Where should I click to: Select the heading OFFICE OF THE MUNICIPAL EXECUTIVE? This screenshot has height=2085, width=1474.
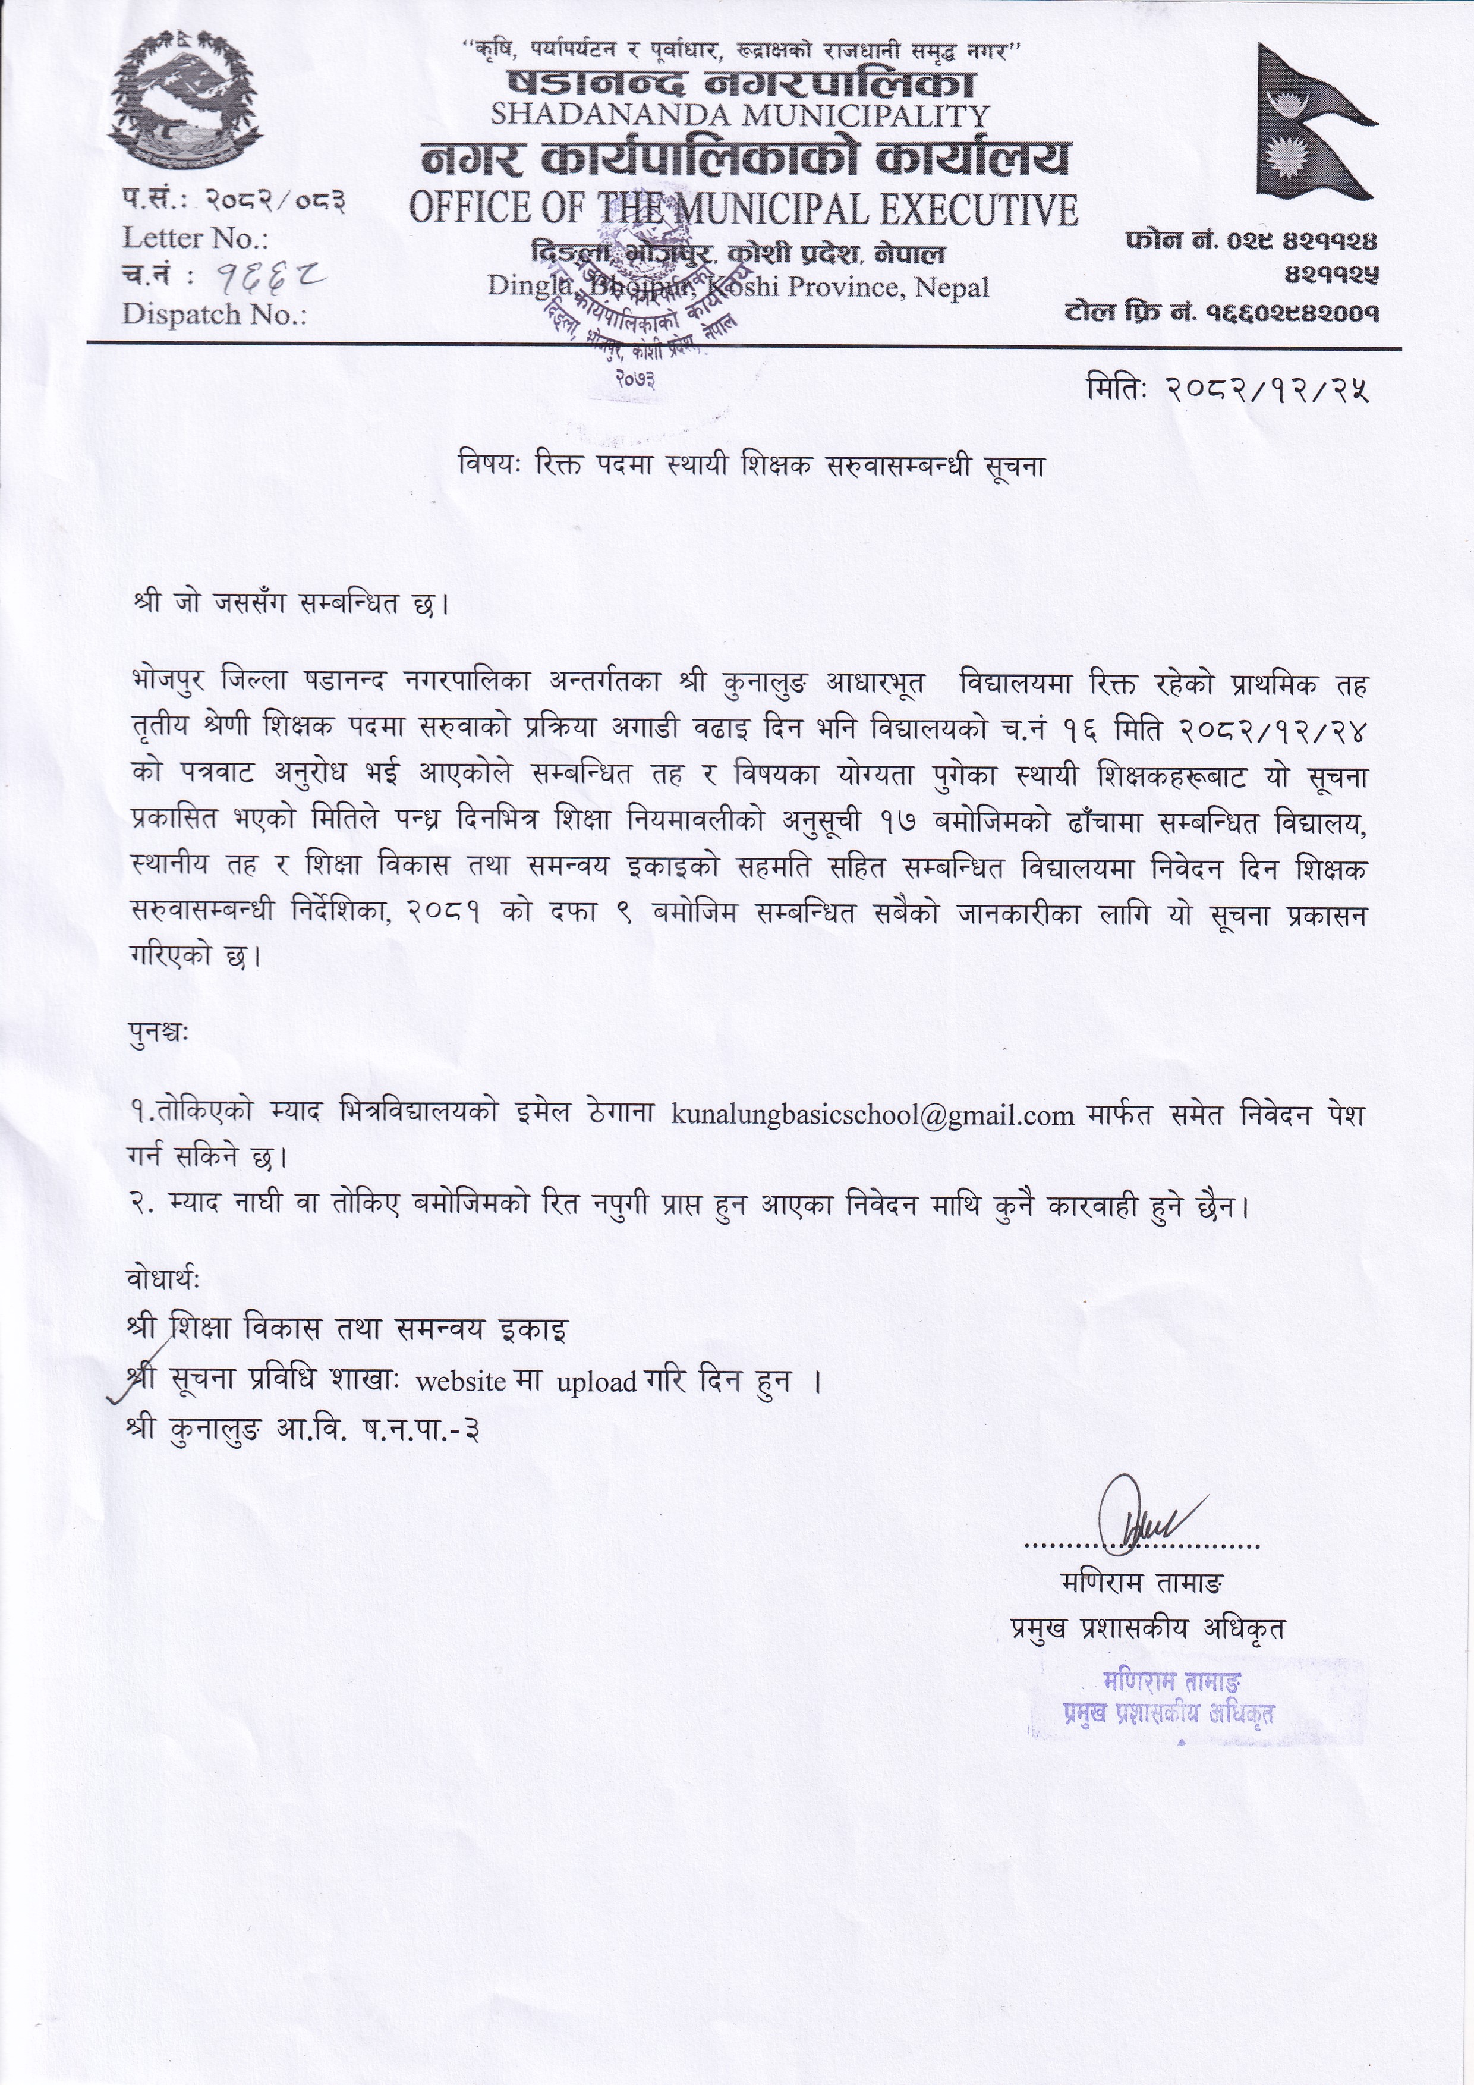coord(742,209)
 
